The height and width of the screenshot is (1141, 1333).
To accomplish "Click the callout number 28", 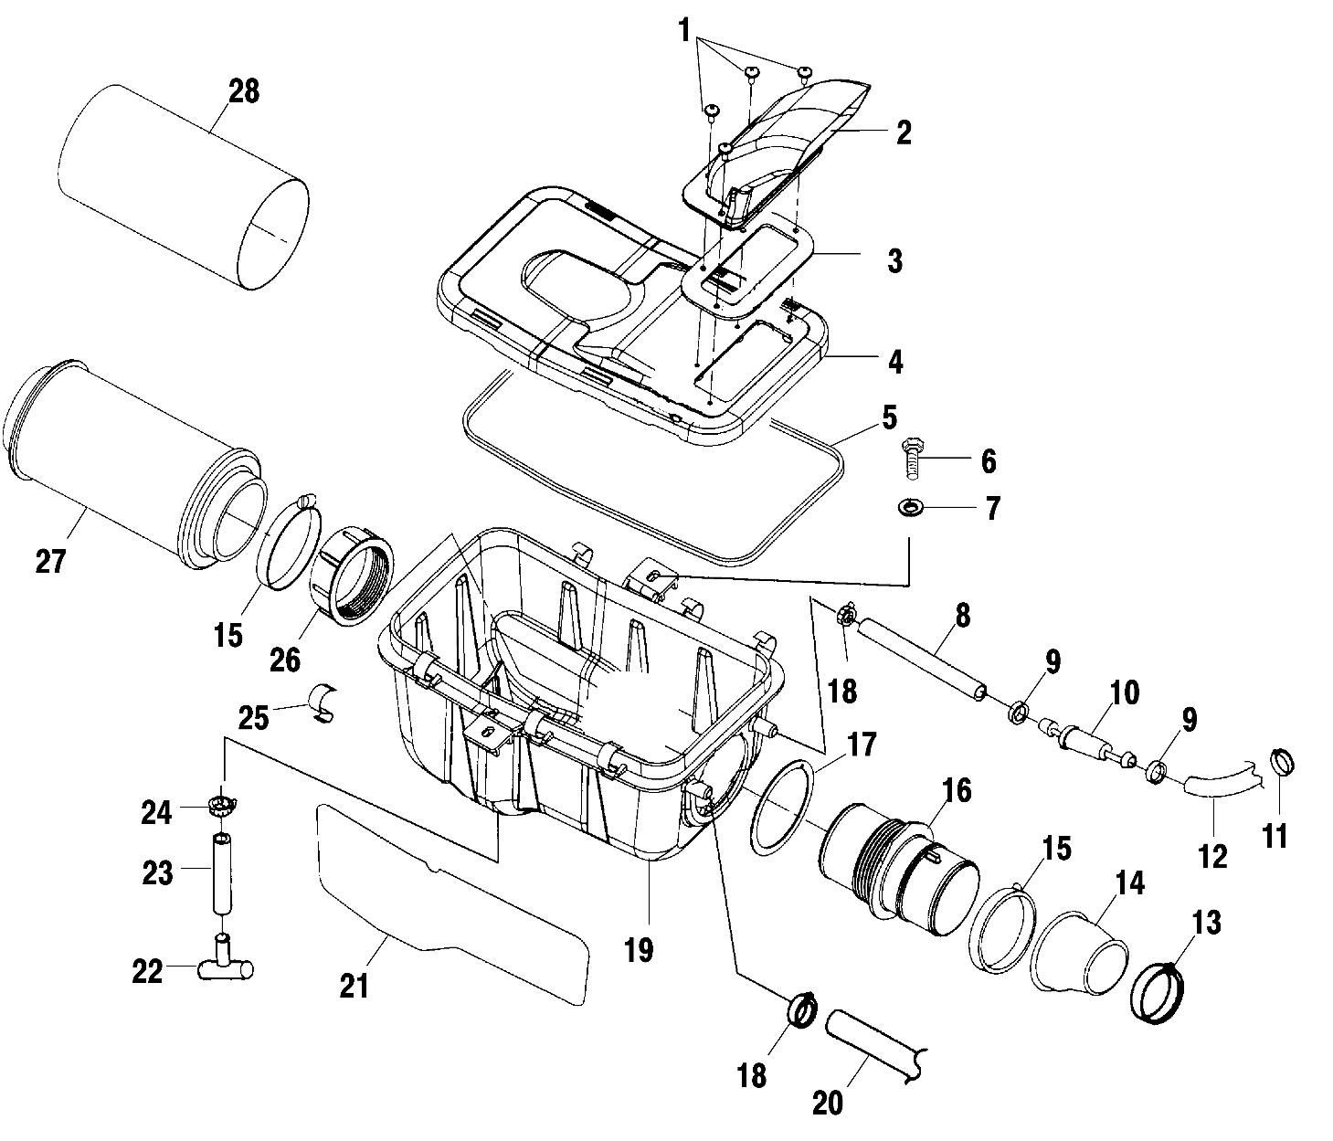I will (243, 91).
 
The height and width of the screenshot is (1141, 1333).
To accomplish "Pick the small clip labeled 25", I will (323, 701).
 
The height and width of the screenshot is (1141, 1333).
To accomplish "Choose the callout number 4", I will (894, 362).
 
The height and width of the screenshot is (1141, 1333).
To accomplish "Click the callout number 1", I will (683, 30).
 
